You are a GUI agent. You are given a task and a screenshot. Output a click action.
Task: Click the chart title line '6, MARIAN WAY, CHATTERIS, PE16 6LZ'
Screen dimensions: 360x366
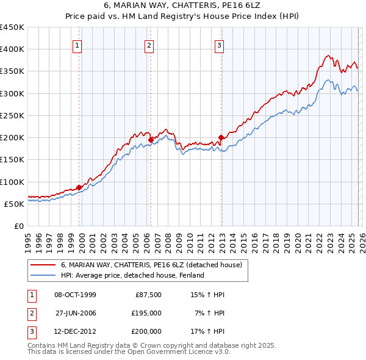tap(182, 6)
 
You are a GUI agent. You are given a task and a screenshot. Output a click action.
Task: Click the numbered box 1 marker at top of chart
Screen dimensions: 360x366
tap(79, 45)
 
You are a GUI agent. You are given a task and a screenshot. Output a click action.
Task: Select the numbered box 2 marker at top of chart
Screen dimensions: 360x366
tap(149, 45)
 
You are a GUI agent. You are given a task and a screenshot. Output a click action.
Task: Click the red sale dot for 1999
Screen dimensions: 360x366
tap(79, 187)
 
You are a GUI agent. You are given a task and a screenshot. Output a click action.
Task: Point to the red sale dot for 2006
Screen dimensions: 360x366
tap(151, 140)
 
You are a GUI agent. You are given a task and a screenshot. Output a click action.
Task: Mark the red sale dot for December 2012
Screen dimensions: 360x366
tap(221, 137)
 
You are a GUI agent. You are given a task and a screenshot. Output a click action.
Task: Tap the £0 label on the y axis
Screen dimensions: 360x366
tap(18, 226)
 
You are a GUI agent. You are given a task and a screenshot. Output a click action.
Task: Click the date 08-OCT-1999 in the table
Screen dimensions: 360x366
tap(75, 295)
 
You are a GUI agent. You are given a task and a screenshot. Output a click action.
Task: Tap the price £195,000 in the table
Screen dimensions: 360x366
tap(147, 313)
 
